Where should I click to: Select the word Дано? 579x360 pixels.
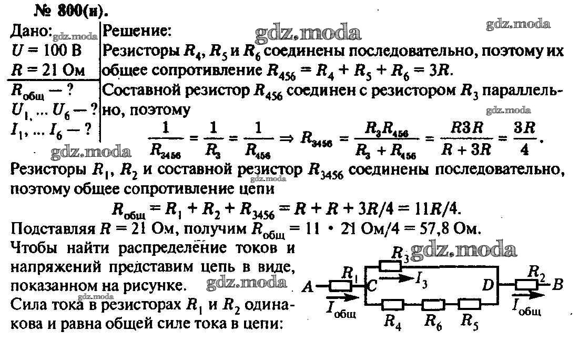pyautogui.click(x=31, y=31)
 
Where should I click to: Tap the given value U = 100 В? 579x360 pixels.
pyautogui.click(x=46, y=51)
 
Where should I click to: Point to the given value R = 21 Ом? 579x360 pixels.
pyautogui.click(x=48, y=70)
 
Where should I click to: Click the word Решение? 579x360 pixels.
pyautogui.click(x=137, y=31)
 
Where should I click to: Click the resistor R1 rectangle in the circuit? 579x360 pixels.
pyautogui.click(x=340, y=286)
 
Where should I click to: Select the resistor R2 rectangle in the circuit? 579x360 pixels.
pyautogui.click(x=526, y=285)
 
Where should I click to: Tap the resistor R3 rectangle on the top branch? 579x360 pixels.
pyautogui.click(x=390, y=266)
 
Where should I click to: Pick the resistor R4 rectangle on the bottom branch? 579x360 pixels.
pyautogui.click(x=393, y=305)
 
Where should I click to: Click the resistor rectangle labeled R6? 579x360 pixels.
pyautogui.click(x=433, y=305)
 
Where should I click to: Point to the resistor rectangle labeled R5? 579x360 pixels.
pyautogui.click(x=469, y=305)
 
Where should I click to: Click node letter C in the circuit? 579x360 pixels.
pyautogui.click(x=372, y=285)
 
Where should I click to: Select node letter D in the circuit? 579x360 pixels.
pyautogui.click(x=488, y=285)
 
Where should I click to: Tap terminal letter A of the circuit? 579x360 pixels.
pyautogui.click(x=308, y=286)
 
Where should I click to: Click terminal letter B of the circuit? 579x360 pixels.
pyautogui.click(x=558, y=285)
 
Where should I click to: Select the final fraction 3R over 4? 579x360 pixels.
pyautogui.click(x=524, y=138)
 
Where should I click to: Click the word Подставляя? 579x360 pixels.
pyautogui.click(x=53, y=229)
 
